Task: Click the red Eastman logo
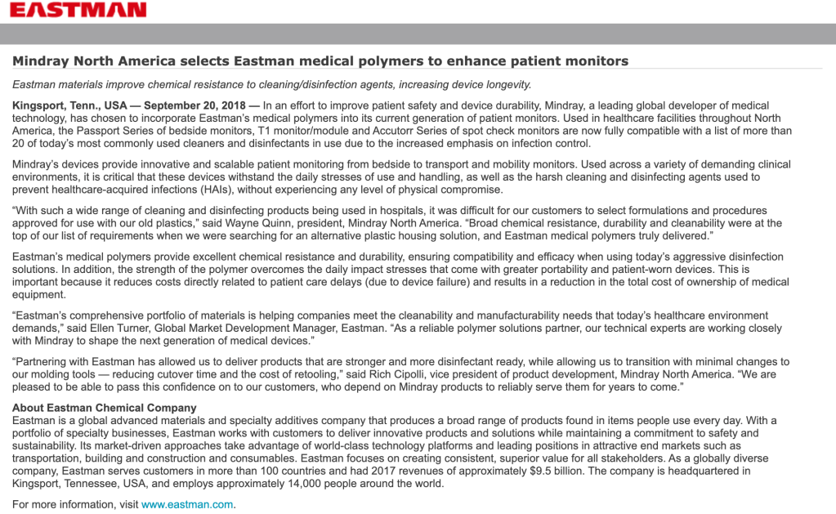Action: click(x=78, y=10)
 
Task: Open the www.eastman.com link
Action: click(x=187, y=504)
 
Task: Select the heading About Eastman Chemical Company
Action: click(x=104, y=408)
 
